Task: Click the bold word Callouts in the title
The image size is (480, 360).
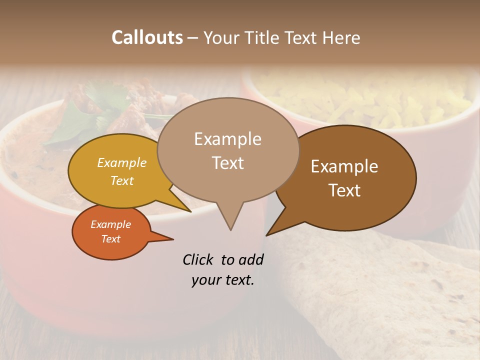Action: click(147, 37)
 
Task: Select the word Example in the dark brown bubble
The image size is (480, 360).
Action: click(344, 166)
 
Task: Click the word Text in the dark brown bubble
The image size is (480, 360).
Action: click(344, 190)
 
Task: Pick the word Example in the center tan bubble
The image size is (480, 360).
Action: click(227, 139)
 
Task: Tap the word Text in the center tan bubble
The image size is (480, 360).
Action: click(227, 163)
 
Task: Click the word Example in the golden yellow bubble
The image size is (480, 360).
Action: click(121, 163)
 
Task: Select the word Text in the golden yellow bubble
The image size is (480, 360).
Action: click(121, 180)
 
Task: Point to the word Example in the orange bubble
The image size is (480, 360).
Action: click(110, 224)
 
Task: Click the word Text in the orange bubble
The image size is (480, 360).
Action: click(110, 239)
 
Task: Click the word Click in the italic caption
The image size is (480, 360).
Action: click(198, 259)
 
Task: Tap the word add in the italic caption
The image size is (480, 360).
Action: click(251, 259)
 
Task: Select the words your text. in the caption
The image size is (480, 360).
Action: click(222, 280)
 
